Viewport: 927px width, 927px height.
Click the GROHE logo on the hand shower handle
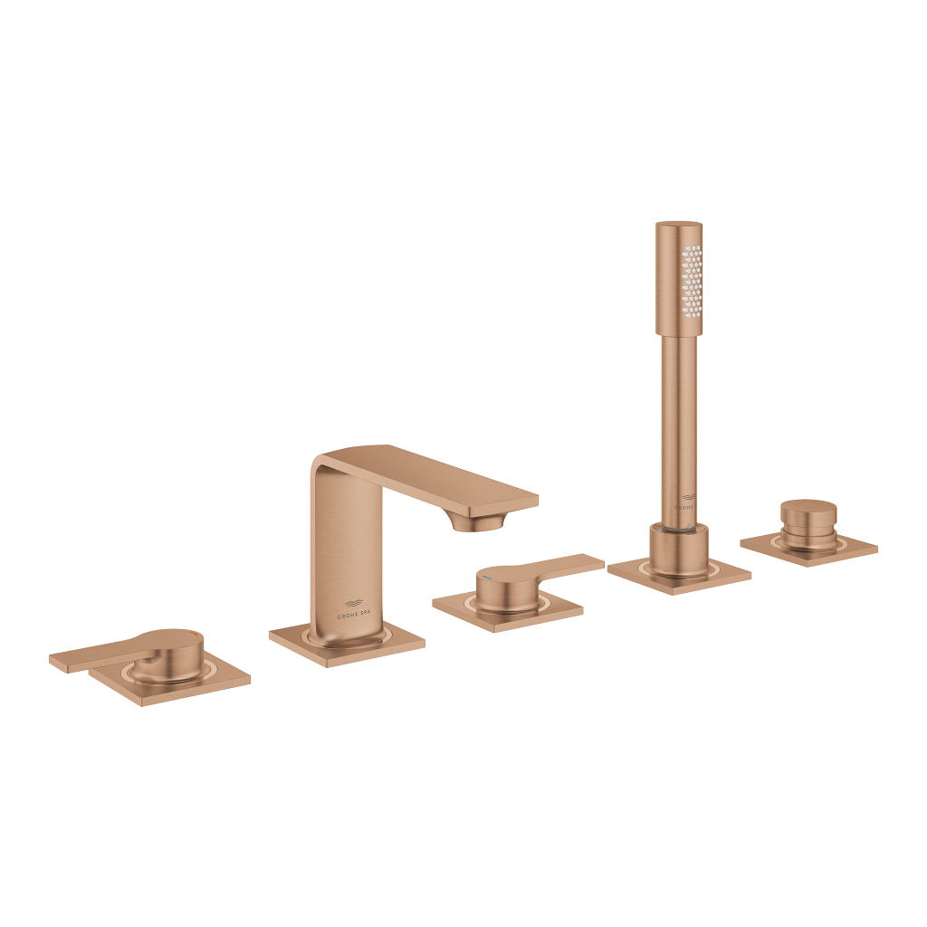tap(687, 501)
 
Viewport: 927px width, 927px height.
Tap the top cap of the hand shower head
tap(678, 225)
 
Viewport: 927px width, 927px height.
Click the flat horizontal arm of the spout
tap(453, 475)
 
